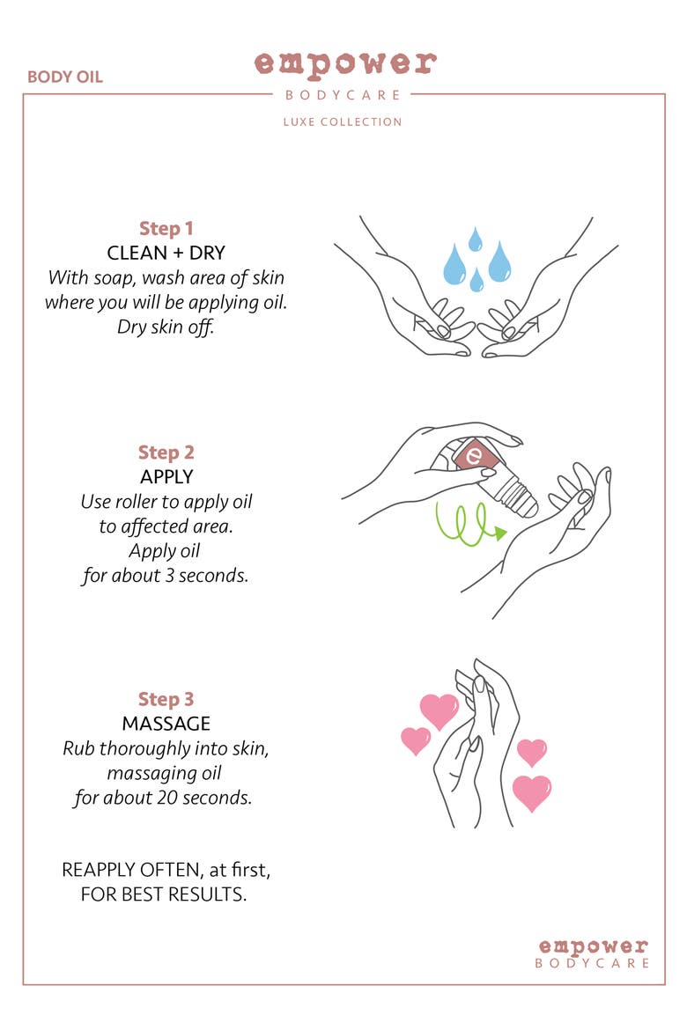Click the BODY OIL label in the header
pyautogui.click(x=65, y=77)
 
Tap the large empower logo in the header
pyautogui.click(x=345, y=64)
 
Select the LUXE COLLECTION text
pyautogui.click(x=343, y=121)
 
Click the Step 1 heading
pyautogui.click(x=166, y=229)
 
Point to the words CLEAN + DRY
pyautogui.click(x=166, y=253)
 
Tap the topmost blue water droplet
pyautogui.click(x=475, y=239)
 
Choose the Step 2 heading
pyautogui.click(x=166, y=452)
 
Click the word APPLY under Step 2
pyautogui.click(x=166, y=477)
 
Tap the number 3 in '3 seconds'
pyautogui.click(x=169, y=576)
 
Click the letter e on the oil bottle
pyautogui.click(x=473, y=454)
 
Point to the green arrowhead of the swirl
pyautogui.click(x=500, y=533)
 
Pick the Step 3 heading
pyautogui.click(x=166, y=699)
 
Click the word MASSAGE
pyautogui.click(x=166, y=724)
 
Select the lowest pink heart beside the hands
pyautogui.click(x=531, y=793)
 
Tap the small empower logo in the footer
pyautogui.click(x=593, y=953)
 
